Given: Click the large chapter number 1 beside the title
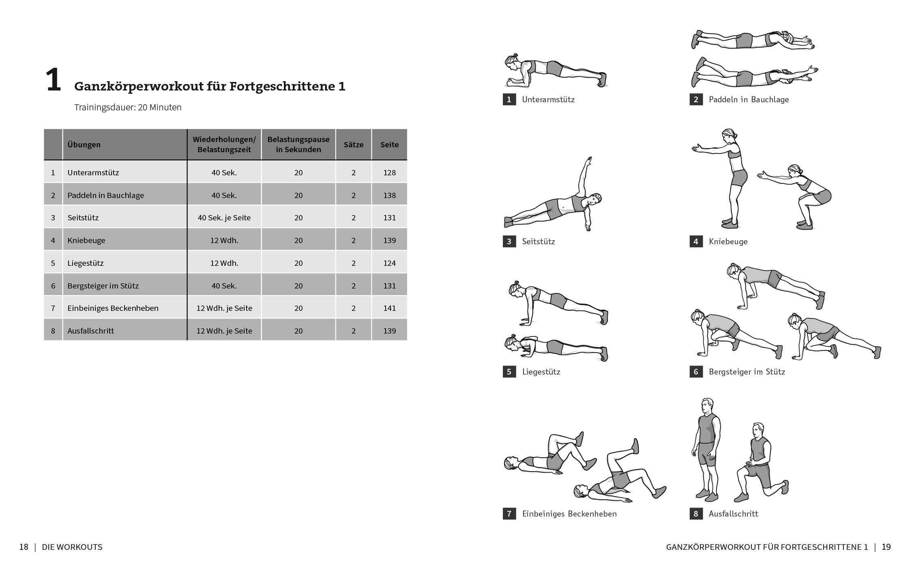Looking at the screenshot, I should click(53, 80).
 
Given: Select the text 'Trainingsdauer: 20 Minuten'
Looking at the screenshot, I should click(128, 108).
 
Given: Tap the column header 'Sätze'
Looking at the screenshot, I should click(353, 145).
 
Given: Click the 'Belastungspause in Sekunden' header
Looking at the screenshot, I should click(298, 144).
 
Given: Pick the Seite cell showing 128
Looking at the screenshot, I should click(389, 172).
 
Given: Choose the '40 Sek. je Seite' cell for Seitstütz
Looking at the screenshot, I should click(224, 218).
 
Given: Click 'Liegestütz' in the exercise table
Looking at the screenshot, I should click(86, 263).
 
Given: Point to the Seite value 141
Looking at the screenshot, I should click(389, 308).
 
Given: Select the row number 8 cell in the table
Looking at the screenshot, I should click(53, 331).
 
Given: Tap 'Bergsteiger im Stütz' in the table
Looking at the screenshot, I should click(103, 286).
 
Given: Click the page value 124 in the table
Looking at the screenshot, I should click(389, 263).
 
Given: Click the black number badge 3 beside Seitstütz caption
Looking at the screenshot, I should click(509, 241).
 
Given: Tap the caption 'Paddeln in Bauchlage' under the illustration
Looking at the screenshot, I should click(749, 99).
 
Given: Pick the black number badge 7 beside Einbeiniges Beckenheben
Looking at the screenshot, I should click(509, 514).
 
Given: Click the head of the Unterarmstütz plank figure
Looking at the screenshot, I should click(511, 63).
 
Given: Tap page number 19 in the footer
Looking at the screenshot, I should click(886, 547).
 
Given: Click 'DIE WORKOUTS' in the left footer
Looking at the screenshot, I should click(72, 547).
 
